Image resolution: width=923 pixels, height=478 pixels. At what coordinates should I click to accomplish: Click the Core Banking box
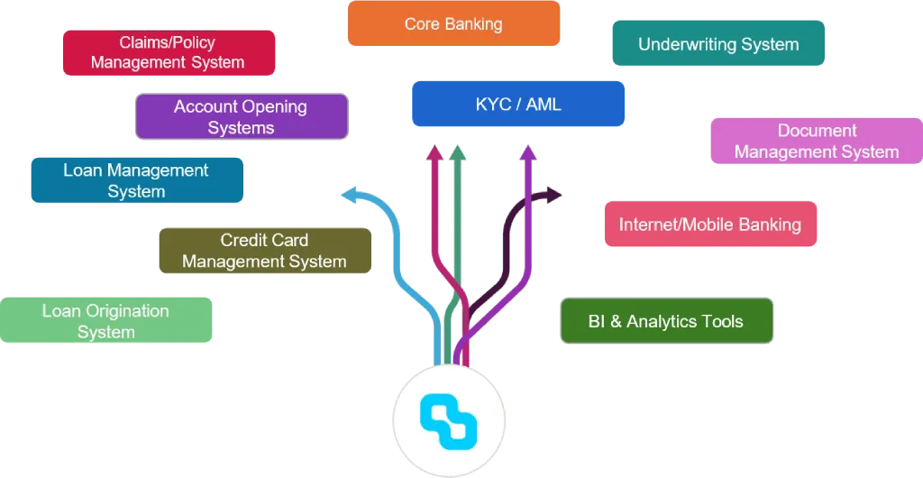453,24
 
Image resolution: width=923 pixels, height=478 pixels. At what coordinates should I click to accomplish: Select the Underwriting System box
718,44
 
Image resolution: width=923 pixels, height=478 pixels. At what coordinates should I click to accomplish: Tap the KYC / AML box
518,105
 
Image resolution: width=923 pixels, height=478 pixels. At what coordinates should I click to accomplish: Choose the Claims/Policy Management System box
168,52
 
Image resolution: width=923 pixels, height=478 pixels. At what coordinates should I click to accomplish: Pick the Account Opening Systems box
241,117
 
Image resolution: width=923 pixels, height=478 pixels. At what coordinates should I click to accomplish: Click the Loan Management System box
136,180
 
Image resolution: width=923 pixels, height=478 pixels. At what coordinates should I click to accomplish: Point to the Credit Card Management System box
265,251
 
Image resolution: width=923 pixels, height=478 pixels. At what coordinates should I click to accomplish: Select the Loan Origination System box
106,321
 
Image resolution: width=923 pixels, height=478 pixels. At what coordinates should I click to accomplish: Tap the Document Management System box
817,142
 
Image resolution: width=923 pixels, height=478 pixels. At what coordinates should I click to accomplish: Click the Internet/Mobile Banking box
710,224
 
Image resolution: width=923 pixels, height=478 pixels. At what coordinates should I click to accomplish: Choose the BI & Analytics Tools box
666,321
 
